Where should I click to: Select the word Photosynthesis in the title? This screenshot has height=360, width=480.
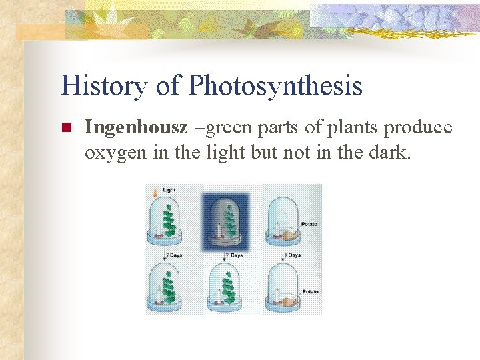pyautogui.click(x=275, y=87)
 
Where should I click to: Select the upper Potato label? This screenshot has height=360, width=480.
pyautogui.click(x=309, y=224)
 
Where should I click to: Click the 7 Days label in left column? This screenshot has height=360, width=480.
pyautogui.click(x=174, y=255)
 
